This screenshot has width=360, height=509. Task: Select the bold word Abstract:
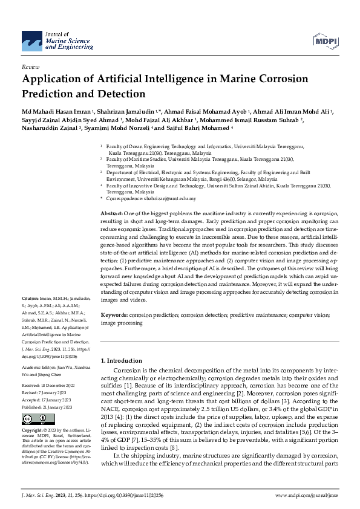tap(111, 214)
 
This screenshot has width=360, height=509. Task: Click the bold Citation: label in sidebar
tap(30, 299)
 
